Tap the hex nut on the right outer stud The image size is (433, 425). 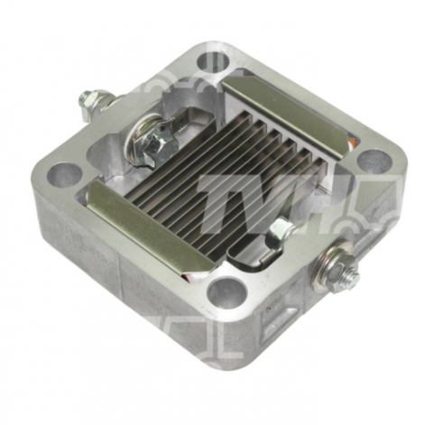340,269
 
